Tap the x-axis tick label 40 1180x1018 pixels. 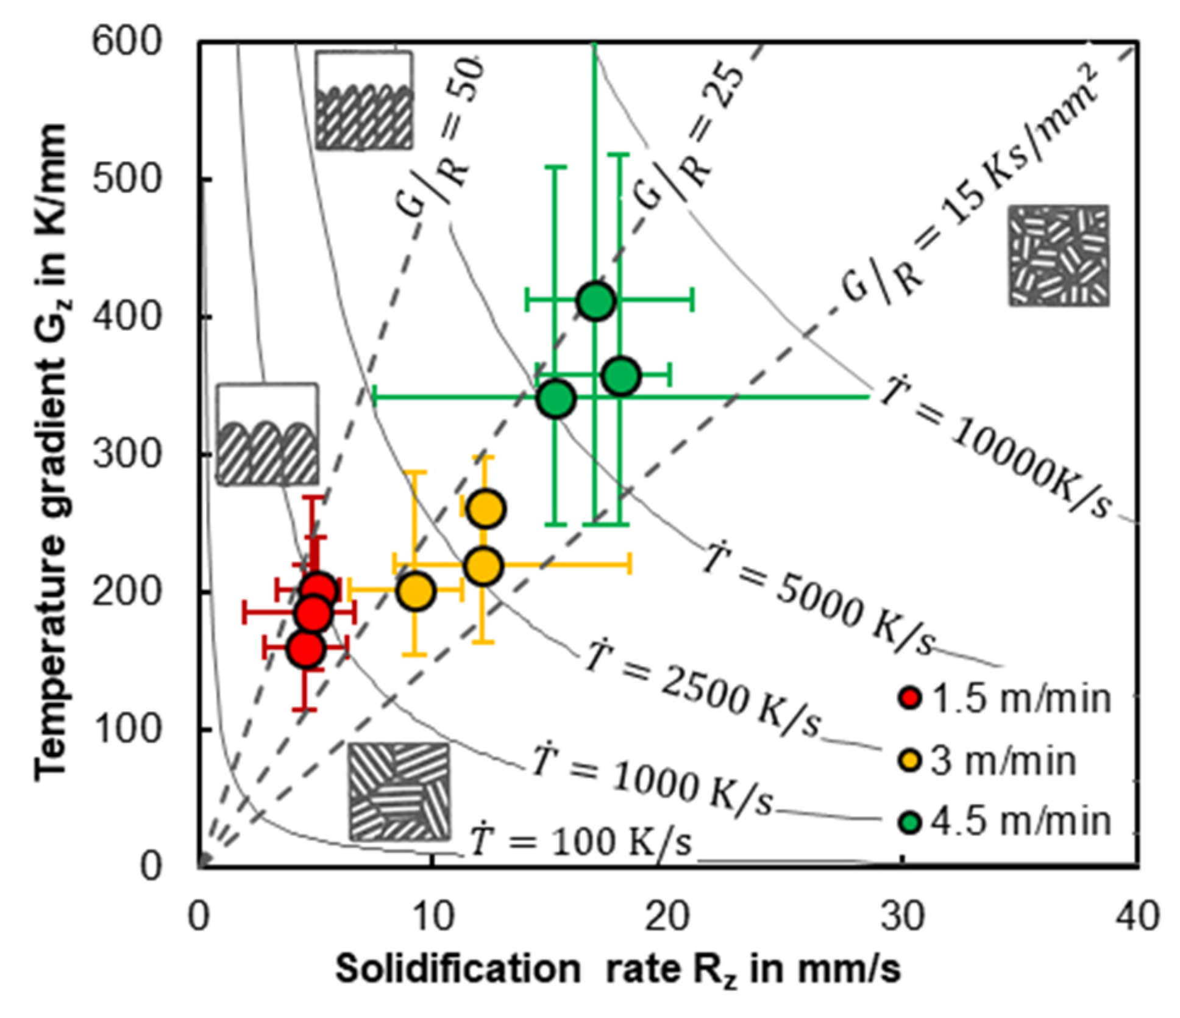coord(1137,917)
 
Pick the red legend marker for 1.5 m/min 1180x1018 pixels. coord(910,698)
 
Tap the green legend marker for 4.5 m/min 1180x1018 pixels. coord(910,822)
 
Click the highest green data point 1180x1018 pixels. coord(596,301)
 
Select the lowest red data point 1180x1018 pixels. coord(306,649)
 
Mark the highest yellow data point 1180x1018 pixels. coord(486,508)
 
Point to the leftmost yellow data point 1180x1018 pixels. coord(416,590)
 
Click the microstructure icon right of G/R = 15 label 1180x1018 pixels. coord(1059,256)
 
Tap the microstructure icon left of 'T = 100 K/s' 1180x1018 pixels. coord(399,791)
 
